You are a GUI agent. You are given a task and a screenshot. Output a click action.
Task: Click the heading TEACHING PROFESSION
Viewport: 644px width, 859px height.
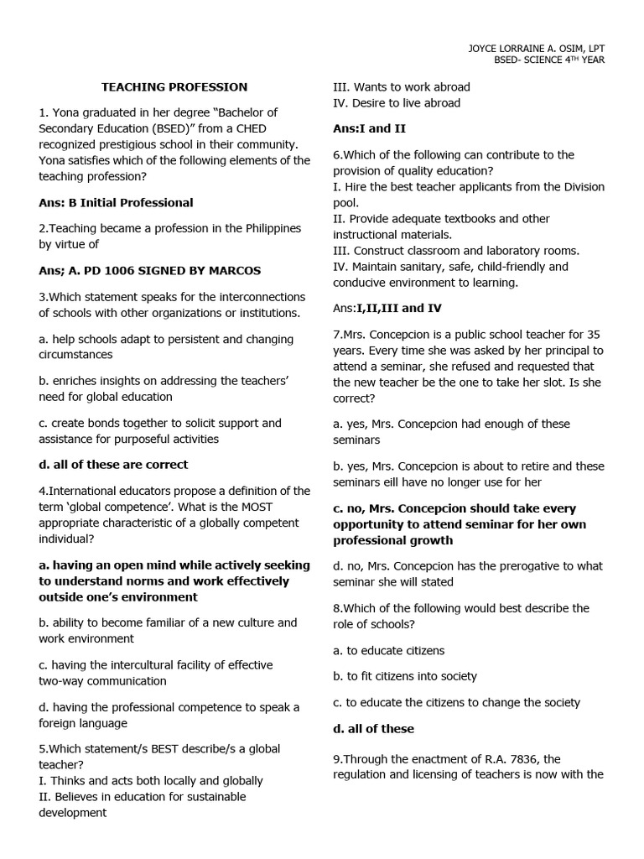coord(174,86)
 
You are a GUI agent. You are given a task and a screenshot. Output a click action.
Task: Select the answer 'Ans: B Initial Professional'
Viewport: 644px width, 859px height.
coord(116,202)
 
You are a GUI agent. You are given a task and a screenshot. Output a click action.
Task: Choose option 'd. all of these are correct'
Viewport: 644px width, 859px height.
coord(113,464)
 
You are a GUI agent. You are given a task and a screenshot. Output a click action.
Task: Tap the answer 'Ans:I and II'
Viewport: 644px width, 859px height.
coord(369,128)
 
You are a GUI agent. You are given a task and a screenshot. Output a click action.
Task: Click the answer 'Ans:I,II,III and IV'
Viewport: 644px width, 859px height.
coord(390,309)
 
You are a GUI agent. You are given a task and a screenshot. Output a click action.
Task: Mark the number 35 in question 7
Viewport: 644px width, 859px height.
coord(585,335)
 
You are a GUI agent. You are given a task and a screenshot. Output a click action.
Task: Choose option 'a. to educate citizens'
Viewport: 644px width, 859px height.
coord(389,650)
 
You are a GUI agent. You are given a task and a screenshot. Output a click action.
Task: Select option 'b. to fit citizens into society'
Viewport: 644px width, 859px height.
coord(405,676)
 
